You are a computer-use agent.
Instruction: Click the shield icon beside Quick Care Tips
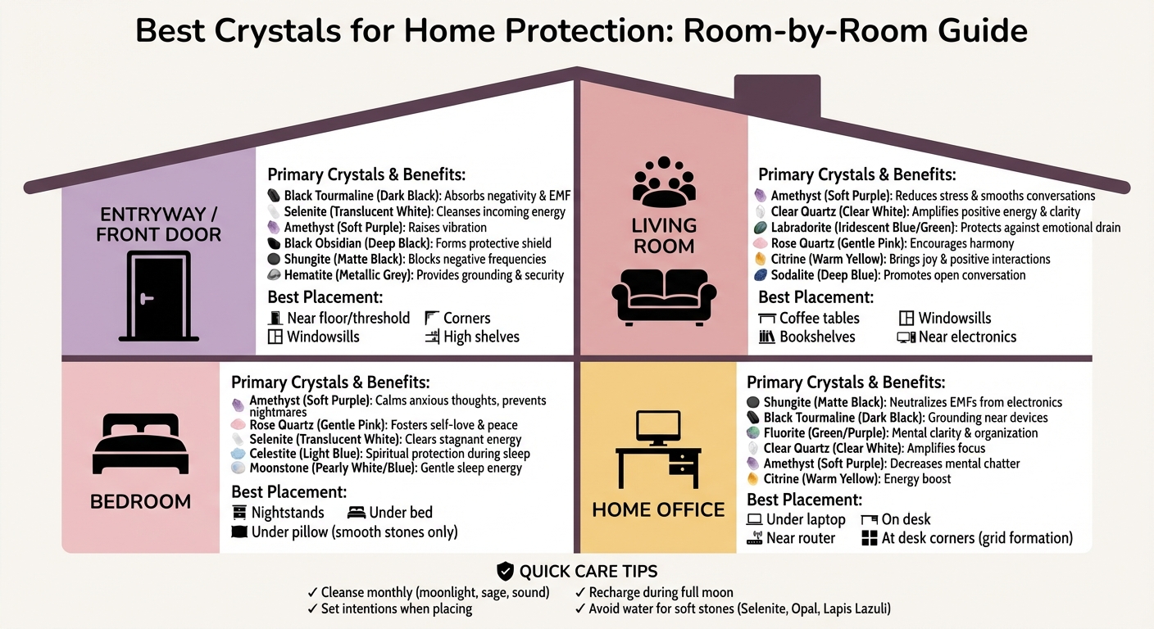coord(506,571)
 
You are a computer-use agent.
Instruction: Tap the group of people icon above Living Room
coord(664,182)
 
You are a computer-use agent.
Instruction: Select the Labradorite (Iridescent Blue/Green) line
coord(937,227)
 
